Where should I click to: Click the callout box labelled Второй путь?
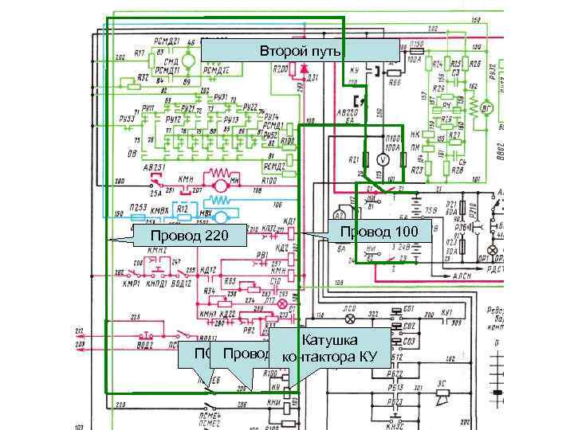pyautogui.click(x=299, y=51)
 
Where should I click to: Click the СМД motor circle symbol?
pyautogui.click(x=188, y=61)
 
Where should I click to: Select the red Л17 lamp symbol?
pyautogui.click(x=281, y=304)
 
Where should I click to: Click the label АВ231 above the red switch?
pyautogui.click(x=153, y=168)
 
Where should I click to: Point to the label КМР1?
pyautogui.click(x=132, y=283)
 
